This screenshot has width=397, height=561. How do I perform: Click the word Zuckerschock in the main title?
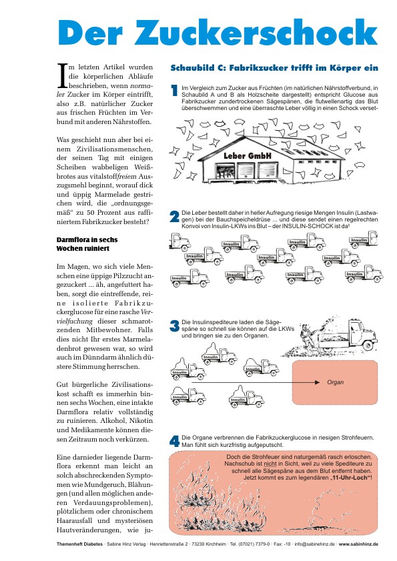click(x=256, y=32)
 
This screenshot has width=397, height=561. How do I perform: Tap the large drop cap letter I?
click(x=63, y=75)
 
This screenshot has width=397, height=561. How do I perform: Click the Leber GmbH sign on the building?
click(x=248, y=155)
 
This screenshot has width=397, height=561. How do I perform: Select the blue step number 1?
click(x=174, y=91)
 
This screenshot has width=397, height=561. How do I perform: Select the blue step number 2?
click(x=174, y=216)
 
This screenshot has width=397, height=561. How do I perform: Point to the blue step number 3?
click(x=174, y=326)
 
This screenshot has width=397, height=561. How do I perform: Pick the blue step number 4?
click(x=174, y=441)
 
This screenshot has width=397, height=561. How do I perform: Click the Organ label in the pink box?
click(x=335, y=382)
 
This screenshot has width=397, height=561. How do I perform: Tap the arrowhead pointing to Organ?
click(x=317, y=382)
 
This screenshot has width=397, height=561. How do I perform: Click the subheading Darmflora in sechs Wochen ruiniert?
click(x=87, y=244)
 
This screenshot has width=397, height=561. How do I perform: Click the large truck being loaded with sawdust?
click(x=348, y=334)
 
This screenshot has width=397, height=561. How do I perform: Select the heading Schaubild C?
click(x=274, y=67)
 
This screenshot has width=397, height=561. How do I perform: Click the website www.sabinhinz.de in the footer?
click(x=358, y=544)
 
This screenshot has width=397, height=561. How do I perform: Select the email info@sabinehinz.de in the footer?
click(x=315, y=544)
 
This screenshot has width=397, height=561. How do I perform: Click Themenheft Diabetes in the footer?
click(x=79, y=544)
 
